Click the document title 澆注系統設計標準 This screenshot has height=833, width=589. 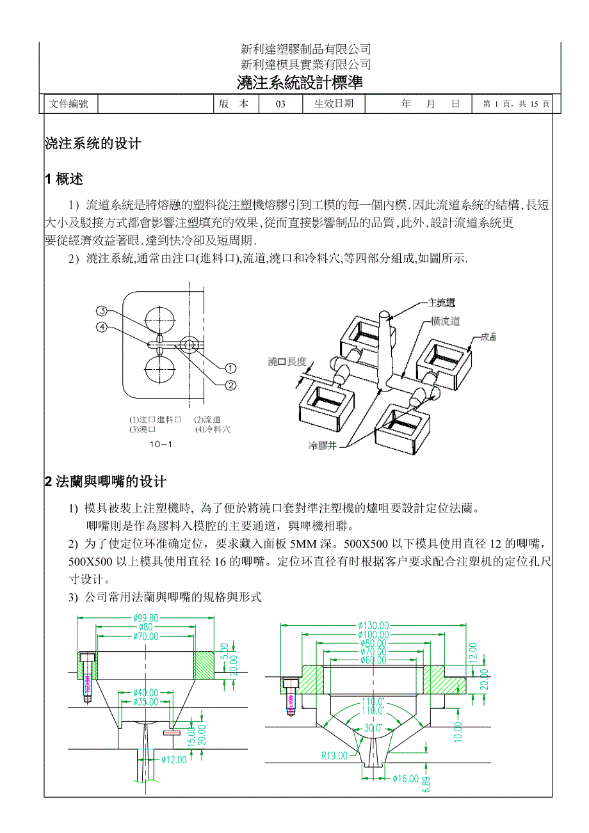300,83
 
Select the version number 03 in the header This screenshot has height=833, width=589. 280,104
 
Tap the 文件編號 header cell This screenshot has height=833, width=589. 69,104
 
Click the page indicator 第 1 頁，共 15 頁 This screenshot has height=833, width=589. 516,104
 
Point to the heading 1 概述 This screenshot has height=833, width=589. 64,179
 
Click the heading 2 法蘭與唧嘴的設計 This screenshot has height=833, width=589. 106,482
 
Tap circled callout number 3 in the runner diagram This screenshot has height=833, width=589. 102,312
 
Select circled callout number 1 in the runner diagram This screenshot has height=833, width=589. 230,368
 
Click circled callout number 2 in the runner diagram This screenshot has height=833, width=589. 230,385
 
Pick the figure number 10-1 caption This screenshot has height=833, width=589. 161,444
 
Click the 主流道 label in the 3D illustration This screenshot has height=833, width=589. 442,303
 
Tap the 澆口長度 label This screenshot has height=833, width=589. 287,361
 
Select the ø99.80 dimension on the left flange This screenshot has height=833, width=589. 146,618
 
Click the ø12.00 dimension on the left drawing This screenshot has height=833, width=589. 173,760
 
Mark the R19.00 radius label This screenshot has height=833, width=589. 334,756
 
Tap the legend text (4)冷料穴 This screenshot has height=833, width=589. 213,429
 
